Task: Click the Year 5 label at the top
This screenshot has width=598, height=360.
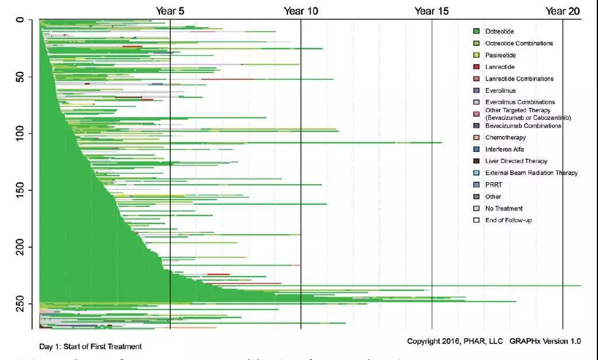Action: point(170,11)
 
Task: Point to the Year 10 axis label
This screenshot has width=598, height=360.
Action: point(300,11)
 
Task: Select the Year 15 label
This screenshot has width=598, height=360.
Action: point(431,11)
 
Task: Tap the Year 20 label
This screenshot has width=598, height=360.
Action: point(562,11)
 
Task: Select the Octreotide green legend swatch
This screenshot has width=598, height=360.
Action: point(476,32)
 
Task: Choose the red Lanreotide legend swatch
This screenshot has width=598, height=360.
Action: point(476,67)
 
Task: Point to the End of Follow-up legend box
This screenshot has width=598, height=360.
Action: point(476,220)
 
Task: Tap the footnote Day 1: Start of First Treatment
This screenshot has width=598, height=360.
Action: point(90,347)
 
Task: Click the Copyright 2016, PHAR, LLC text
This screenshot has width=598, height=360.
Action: point(455,341)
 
